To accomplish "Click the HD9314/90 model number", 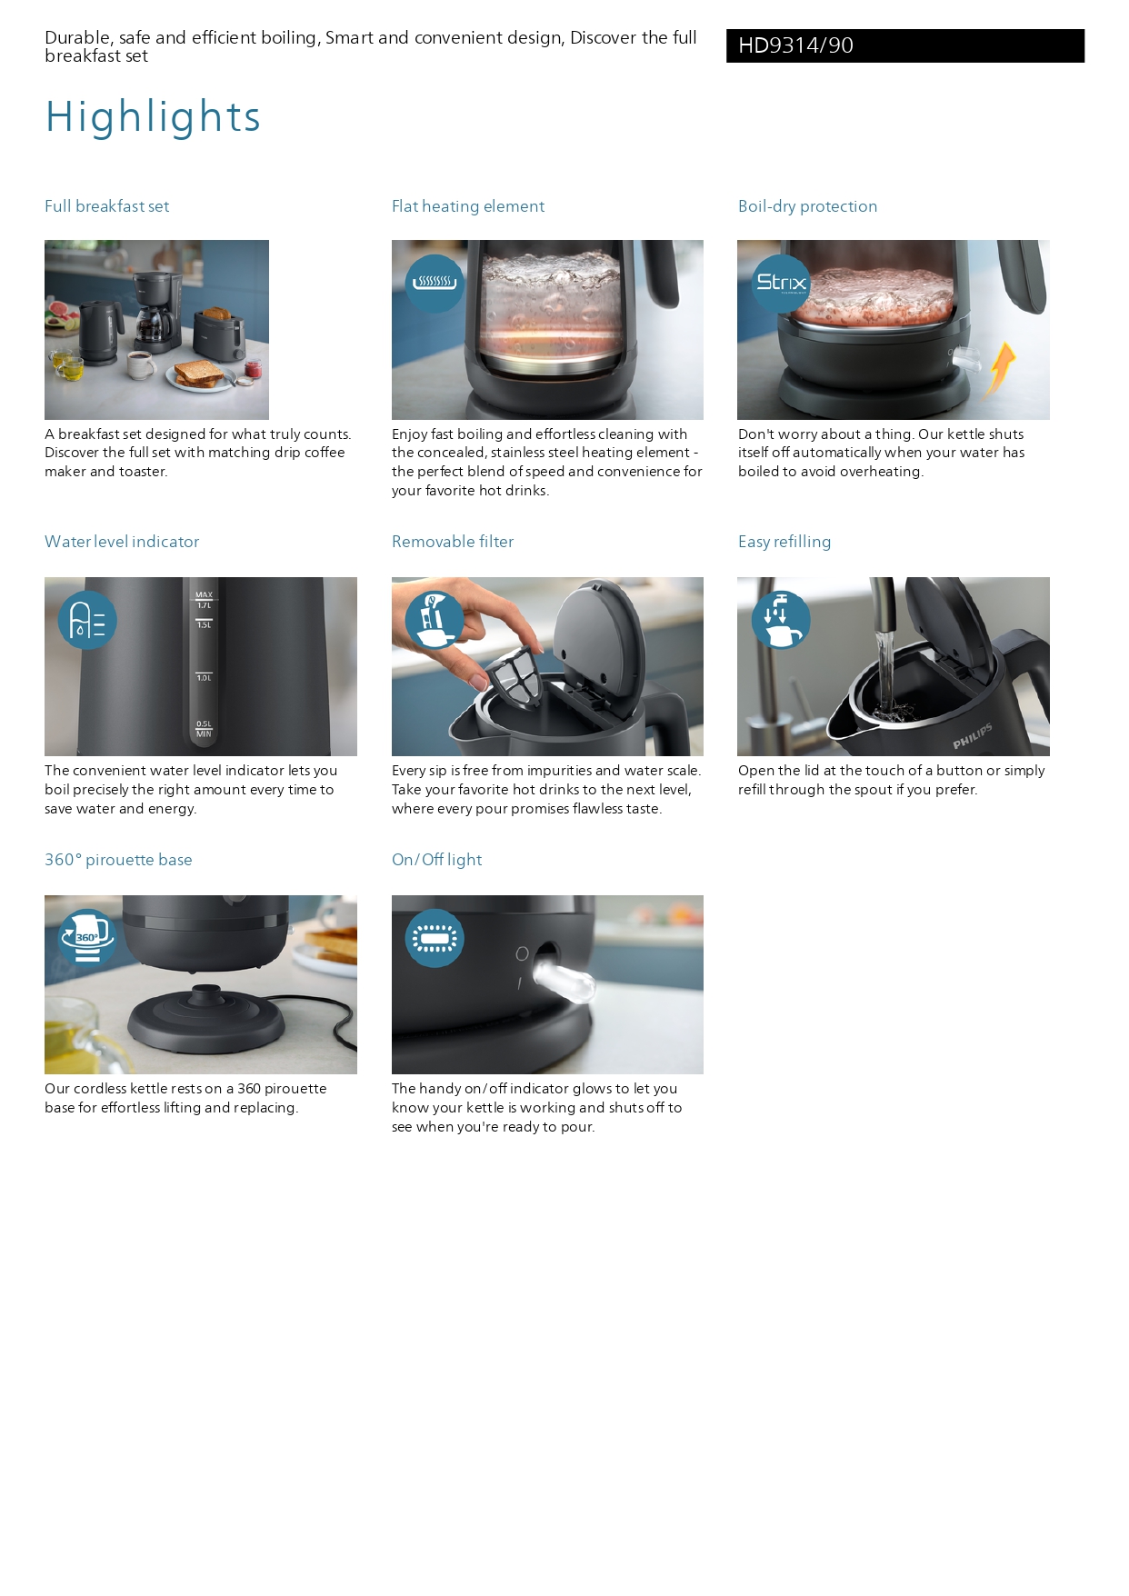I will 795,45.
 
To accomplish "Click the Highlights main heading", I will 153,117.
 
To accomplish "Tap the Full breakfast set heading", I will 106,206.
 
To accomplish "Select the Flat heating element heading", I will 467,206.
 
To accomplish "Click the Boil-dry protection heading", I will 807,206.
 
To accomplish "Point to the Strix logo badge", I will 781,283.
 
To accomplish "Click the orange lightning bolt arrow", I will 1002,368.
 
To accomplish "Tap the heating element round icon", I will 434,283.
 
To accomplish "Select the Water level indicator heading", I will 122,542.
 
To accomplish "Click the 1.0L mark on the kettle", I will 204,677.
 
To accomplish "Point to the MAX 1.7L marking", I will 204,600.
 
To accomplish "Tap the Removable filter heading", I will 452,542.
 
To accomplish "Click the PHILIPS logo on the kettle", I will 972,737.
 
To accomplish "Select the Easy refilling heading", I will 784,542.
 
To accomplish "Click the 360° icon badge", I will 87,937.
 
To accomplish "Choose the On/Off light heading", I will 436,860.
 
